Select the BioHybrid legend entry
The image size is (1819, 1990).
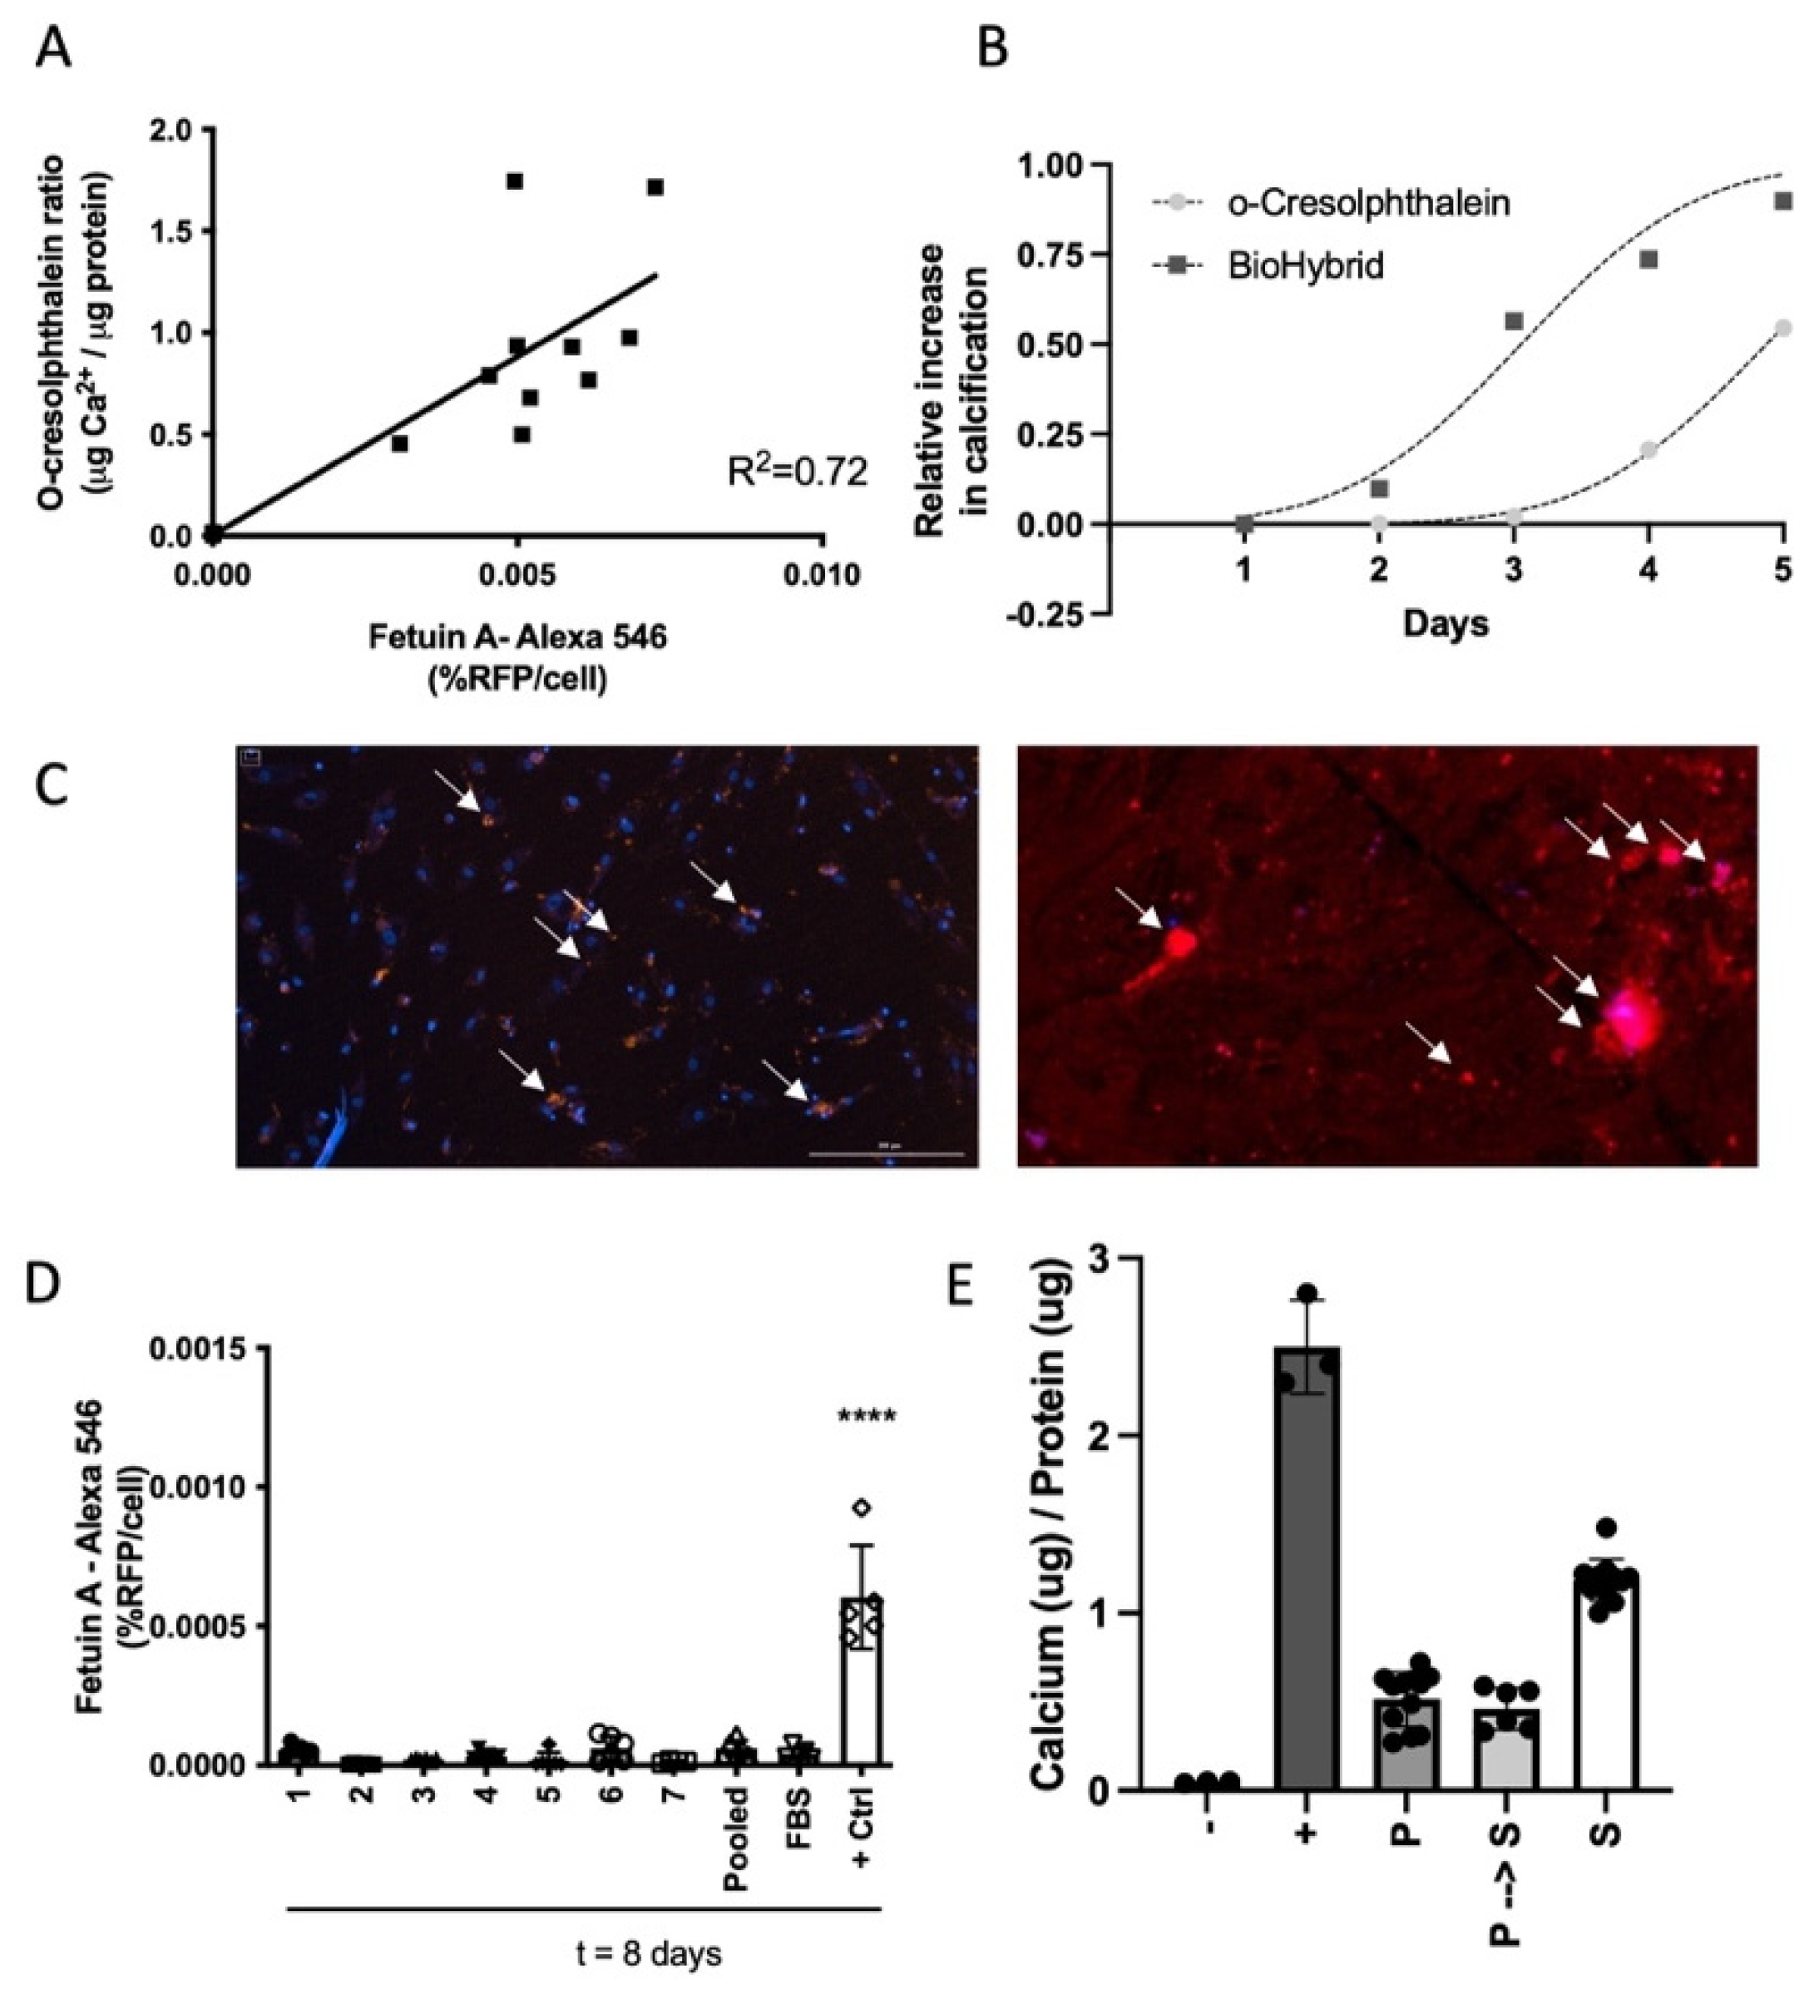point(1305,265)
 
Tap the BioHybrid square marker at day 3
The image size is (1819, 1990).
point(1514,322)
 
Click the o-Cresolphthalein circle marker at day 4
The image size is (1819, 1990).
point(1648,450)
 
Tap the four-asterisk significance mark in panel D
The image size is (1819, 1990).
point(867,1418)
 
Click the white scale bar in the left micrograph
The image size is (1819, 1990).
point(885,1153)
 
